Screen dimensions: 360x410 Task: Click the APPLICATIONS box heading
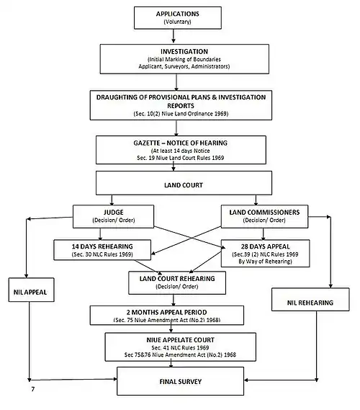coord(178,14)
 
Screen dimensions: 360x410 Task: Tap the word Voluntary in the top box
coord(178,22)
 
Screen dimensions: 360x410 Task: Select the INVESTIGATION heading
coord(184,51)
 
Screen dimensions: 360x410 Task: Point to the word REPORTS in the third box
coord(181,106)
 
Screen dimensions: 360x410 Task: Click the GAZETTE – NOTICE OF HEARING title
coord(181,143)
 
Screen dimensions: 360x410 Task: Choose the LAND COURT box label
coord(184,185)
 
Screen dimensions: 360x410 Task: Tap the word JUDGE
coord(114,212)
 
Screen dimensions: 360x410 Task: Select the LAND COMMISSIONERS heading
coord(264,212)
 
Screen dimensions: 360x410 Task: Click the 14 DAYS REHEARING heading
coord(102,246)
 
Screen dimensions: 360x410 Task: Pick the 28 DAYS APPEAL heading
coord(266,246)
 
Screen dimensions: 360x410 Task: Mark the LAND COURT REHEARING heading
coord(177,278)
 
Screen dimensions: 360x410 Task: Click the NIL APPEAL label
coord(30,292)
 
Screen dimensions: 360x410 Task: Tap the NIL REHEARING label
coord(310,303)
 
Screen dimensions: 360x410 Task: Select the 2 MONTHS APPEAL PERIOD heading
coord(166,312)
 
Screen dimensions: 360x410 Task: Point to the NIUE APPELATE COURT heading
coord(180,340)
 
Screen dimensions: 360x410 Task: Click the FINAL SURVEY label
coord(181,381)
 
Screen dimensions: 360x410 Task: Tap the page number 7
coord(33,389)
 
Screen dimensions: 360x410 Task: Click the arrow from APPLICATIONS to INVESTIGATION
coord(174,36)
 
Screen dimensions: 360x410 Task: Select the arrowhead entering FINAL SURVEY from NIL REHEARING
coord(246,380)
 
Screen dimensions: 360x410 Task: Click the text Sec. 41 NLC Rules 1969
coord(180,348)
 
